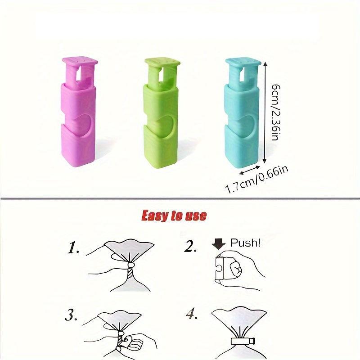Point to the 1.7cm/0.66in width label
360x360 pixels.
pyautogui.click(x=257, y=180)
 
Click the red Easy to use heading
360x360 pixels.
pyautogui.click(x=174, y=216)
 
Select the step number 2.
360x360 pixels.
pyautogui.click(x=191, y=247)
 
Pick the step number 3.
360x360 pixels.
pyautogui.click(x=71, y=315)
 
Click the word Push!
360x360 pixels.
pyautogui.click(x=245, y=243)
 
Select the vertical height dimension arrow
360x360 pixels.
pyautogui.click(x=265, y=112)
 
